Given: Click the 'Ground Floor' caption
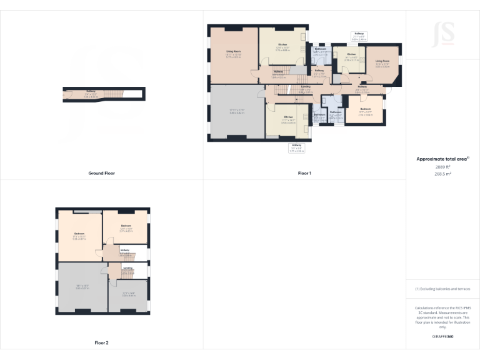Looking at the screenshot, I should (x=101, y=173).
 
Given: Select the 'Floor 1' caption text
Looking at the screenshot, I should (x=304, y=173).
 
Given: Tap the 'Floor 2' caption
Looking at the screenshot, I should (x=101, y=343).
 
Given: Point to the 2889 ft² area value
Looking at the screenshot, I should (x=442, y=167).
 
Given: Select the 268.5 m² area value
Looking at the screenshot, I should (x=442, y=174).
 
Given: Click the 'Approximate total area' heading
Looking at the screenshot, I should (x=442, y=159).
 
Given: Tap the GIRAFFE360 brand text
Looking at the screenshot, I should (x=442, y=337).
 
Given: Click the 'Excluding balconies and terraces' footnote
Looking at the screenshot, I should (x=442, y=289).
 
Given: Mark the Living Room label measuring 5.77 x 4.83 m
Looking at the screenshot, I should (x=233, y=53).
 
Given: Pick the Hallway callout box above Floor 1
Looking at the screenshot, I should (x=359, y=36).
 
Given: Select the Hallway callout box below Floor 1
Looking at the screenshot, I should (x=296, y=148).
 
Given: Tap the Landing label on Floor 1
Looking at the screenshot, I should (x=306, y=87).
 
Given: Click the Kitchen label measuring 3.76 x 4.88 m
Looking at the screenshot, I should (x=282, y=46).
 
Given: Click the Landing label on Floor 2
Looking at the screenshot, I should (x=127, y=269).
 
